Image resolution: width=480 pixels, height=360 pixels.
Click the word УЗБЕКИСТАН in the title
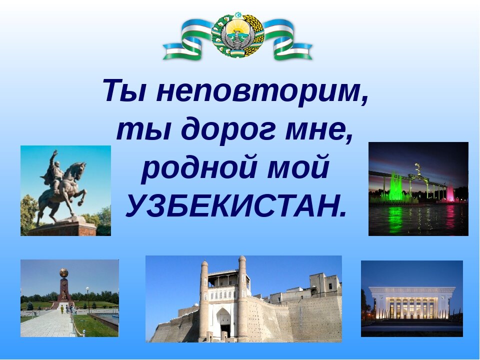pyautogui.click(x=235, y=204)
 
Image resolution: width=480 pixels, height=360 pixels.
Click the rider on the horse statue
pyautogui.click(x=55, y=172)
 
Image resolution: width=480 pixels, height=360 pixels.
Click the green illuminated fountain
pyautogui.click(x=396, y=187)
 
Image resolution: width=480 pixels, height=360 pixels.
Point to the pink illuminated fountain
pyautogui.click(x=450, y=193)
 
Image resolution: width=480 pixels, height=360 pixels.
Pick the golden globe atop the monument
pyautogui.click(x=64, y=273)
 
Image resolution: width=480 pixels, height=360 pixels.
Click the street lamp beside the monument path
pyautogui.click(x=88, y=298)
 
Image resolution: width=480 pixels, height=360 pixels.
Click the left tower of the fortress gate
pyautogui.click(x=204, y=300)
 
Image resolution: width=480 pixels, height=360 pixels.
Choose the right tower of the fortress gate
pyautogui.click(x=242, y=297)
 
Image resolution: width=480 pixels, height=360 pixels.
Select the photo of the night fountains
pyautogui.click(x=418, y=188)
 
